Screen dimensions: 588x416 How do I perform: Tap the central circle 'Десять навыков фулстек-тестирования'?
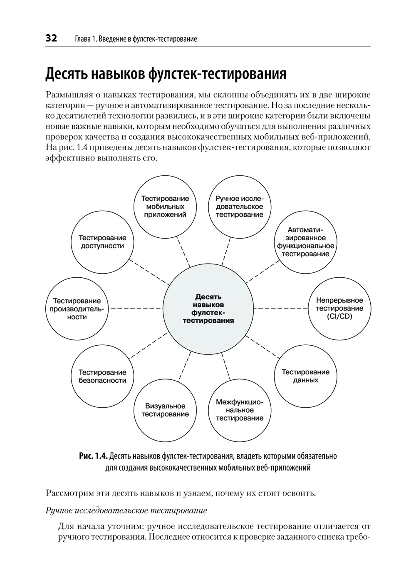coord(208,309)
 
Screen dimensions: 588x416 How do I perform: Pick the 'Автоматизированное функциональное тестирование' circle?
coord(305,242)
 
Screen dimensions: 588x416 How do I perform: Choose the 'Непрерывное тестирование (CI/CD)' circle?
coord(339,309)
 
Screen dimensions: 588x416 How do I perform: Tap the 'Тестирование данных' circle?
coord(305,376)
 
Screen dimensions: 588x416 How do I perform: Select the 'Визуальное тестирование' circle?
coord(165,410)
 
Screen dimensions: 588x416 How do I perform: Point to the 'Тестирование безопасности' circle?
coord(102,376)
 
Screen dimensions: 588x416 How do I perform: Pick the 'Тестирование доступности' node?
coord(102,242)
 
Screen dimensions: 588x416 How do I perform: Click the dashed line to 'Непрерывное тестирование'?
coord(281,309)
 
